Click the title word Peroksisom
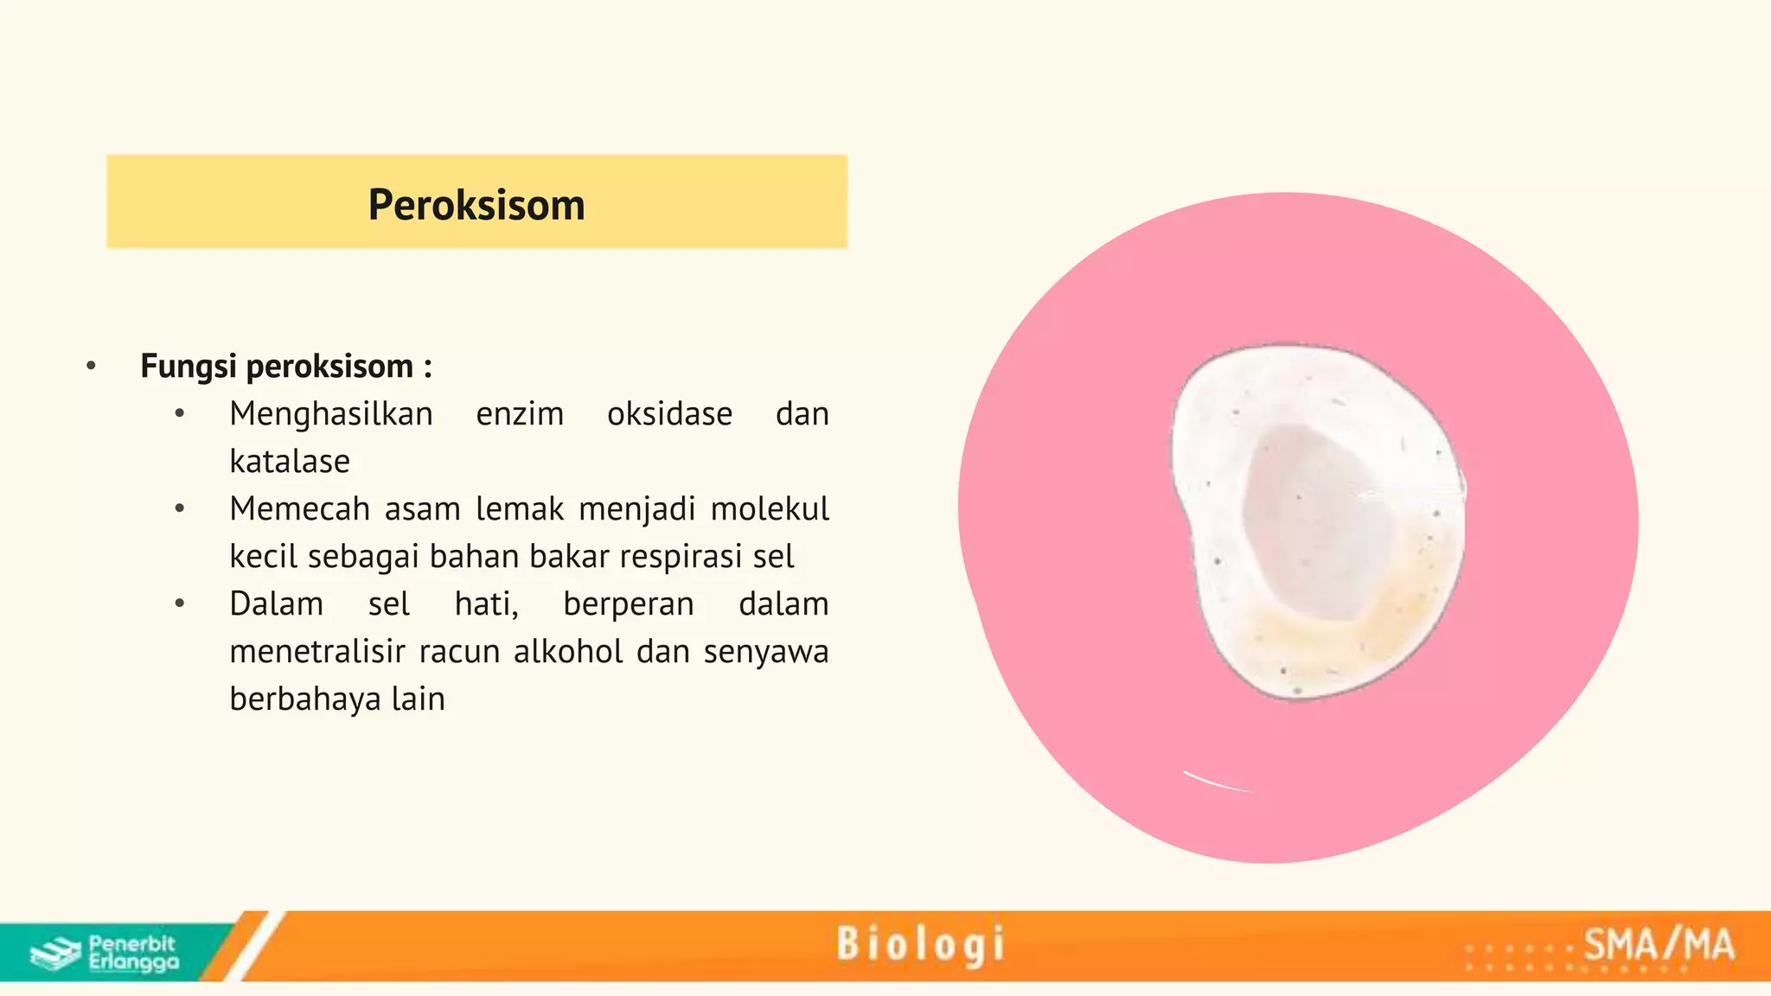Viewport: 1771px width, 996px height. tap(476, 205)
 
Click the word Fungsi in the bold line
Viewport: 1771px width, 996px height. tap(188, 367)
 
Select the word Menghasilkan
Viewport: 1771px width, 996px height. tap(331, 414)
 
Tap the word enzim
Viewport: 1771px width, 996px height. tap(520, 414)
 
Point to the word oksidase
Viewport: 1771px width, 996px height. tap(669, 414)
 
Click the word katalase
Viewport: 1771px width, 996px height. tap(290, 462)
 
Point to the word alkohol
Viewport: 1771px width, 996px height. tap(567, 652)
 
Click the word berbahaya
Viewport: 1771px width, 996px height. tap(304, 699)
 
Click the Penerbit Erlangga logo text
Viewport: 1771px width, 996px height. tap(133, 953)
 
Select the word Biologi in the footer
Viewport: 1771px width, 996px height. tap(921, 944)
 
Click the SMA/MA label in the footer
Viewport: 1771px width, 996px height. tap(1659, 944)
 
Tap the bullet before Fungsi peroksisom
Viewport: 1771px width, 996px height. tap(92, 367)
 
